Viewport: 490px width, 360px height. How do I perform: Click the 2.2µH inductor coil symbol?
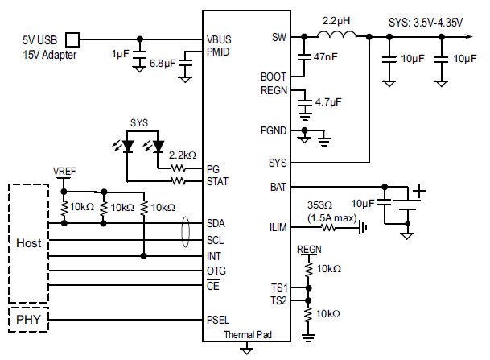pos(336,34)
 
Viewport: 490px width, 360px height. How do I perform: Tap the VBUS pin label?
pos(219,39)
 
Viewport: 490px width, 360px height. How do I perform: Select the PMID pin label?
pos(218,52)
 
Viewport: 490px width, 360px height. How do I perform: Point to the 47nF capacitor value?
pos(326,57)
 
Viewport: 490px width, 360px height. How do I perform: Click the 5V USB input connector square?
pos(72,39)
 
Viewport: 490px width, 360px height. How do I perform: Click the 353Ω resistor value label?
pos(319,205)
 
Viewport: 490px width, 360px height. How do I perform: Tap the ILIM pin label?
pos(278,227)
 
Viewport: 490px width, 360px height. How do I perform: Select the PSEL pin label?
pos(218,320)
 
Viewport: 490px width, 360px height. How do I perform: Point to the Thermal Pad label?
pos(248,335)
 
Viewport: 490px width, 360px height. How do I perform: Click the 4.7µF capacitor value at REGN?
pos(328,102)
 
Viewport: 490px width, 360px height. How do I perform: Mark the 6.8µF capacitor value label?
pos(163,64)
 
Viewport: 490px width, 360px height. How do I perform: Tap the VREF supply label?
pos(64,172)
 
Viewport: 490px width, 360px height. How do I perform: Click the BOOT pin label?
pos(274,77)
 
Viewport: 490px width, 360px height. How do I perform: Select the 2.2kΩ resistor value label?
pos(183,155)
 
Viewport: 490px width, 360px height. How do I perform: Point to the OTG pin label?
pos(216,271)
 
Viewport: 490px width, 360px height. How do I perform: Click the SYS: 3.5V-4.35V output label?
pos(426,23)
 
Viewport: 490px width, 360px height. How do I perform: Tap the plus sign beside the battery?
pos(419,191)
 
